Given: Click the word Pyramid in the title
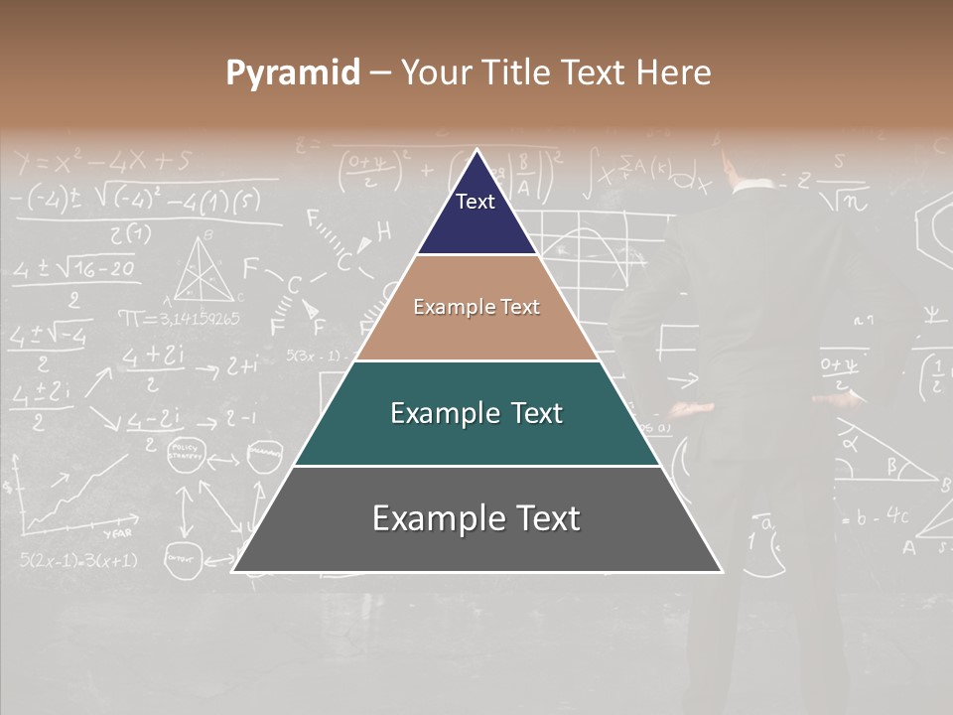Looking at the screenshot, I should (x=293, y=73).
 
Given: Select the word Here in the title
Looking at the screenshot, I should (x=675, y=73).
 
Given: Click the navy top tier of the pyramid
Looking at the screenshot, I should (x=476, y=214).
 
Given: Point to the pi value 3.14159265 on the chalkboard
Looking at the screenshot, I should (x=179, y=319).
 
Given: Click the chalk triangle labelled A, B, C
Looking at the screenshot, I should (x=206, y=268).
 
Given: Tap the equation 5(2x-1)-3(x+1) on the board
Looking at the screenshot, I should (x=78, y=560).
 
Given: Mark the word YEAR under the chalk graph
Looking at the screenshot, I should (x=117, y=532).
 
